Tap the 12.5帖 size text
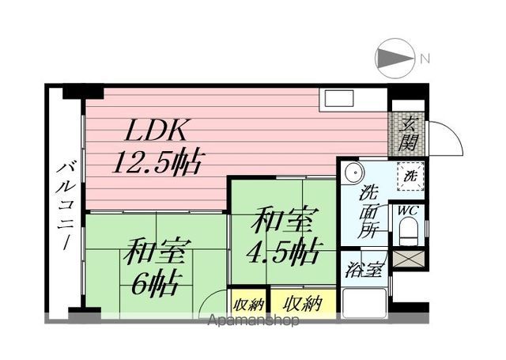[x=159, y=162]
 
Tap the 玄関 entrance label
[x=409, y=133]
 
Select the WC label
[x=407, y=210]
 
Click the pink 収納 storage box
[x=249, y=302]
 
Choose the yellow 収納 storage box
[x=303, y=302]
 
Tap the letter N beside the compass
[x=425, y=58]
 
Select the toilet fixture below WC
[x=408, y=232]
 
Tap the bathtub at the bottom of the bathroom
[x=364, y=302]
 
